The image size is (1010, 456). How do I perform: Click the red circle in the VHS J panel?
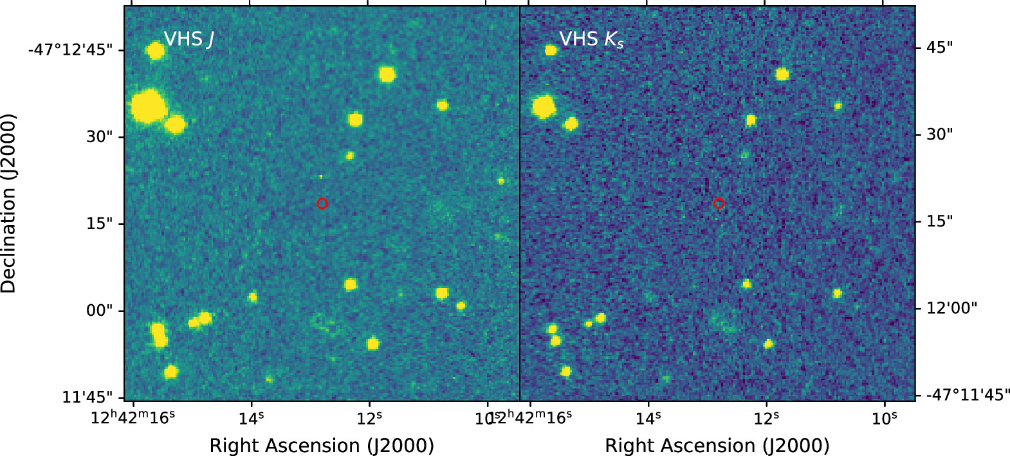point(322,203)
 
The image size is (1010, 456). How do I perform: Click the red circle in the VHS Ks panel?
point(719,203)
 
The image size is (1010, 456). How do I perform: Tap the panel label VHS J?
point(188,39)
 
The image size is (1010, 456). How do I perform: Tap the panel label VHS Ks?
point(591,39)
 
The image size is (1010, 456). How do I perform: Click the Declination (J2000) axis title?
point(9,203)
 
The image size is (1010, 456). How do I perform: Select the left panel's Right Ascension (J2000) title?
point(322,445)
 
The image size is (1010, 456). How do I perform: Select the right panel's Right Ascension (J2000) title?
point(717,445)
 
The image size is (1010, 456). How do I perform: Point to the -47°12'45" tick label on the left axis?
point(70,50)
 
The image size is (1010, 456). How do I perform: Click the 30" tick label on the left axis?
point(100,136)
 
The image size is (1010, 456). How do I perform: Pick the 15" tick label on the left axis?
point(100,223)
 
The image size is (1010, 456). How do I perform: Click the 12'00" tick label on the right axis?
point(951,307)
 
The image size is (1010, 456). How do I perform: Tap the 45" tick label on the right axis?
point(939,48)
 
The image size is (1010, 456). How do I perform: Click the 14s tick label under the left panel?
point(251,419)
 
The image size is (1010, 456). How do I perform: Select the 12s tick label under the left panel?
point(369,419)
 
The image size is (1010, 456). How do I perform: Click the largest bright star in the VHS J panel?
point(149,107)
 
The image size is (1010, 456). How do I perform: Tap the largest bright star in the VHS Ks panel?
point(543,107)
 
